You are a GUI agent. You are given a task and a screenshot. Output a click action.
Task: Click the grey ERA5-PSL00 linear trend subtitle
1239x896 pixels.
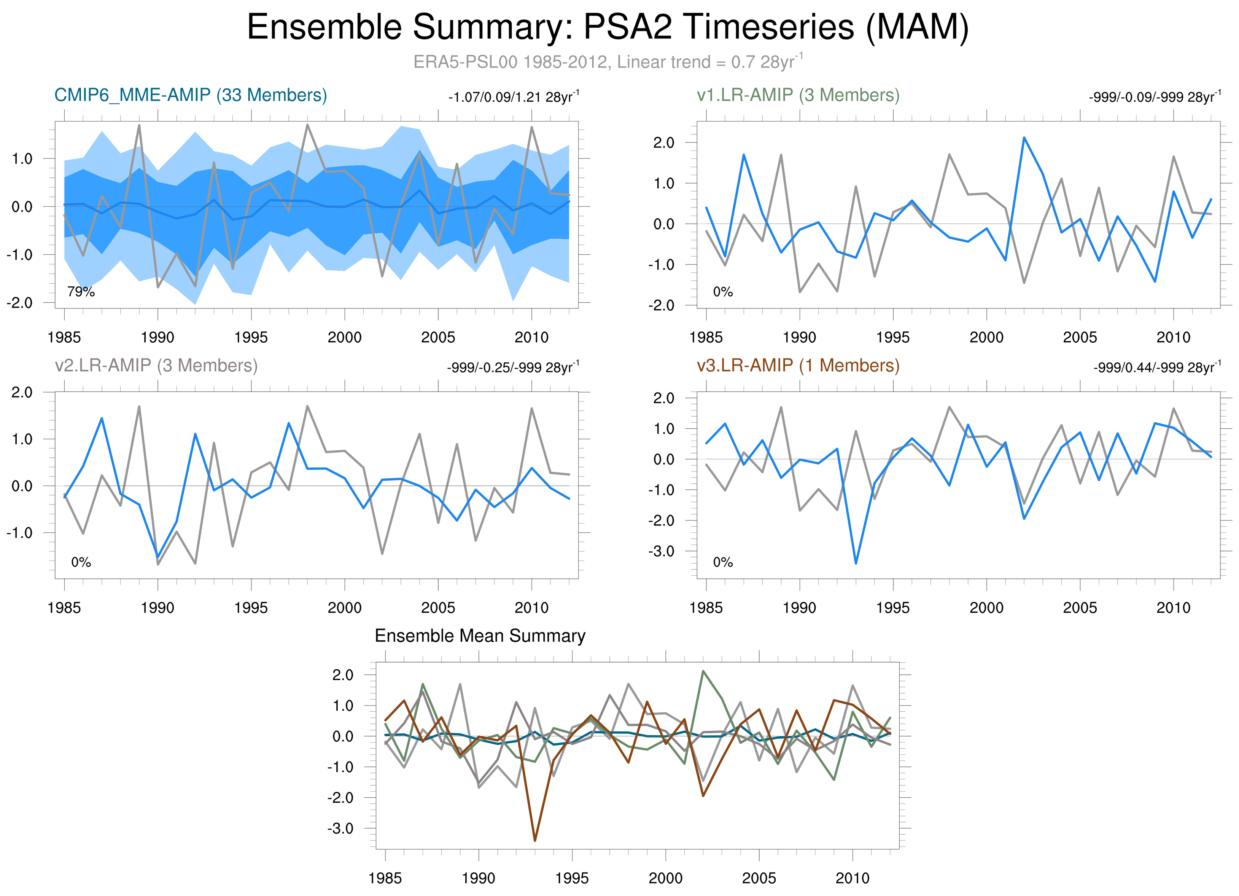point(608,62)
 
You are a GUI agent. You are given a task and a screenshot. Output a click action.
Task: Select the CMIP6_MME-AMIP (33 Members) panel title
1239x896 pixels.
point(191,95)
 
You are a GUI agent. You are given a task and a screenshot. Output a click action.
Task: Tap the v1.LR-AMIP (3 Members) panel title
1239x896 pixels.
point(798,95)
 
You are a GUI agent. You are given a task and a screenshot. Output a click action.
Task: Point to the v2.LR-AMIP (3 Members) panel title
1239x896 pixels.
point(156,365)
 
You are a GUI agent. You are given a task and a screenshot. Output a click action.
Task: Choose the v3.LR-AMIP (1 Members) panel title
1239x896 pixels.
point(798,365)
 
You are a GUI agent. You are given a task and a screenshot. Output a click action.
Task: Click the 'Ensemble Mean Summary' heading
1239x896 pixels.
point(480,636)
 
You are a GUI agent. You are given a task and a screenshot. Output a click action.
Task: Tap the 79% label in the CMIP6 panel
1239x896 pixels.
point(81,292)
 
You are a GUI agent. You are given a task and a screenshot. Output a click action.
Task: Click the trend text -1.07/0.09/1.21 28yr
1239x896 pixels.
point(514,97)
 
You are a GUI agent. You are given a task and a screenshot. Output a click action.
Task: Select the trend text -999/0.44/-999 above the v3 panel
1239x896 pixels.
point(1157,367)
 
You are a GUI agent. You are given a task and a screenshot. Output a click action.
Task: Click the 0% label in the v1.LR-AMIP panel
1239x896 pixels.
point(723,292)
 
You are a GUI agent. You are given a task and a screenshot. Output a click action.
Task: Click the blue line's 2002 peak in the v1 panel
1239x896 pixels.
point(1024,138)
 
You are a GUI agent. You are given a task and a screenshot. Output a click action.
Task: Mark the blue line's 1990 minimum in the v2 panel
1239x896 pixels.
point(158,557)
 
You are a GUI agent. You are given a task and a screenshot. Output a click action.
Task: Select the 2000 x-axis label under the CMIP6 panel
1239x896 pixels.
point(344,337)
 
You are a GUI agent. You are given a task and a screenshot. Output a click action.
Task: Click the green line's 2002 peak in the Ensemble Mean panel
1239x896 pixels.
point(703,671)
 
